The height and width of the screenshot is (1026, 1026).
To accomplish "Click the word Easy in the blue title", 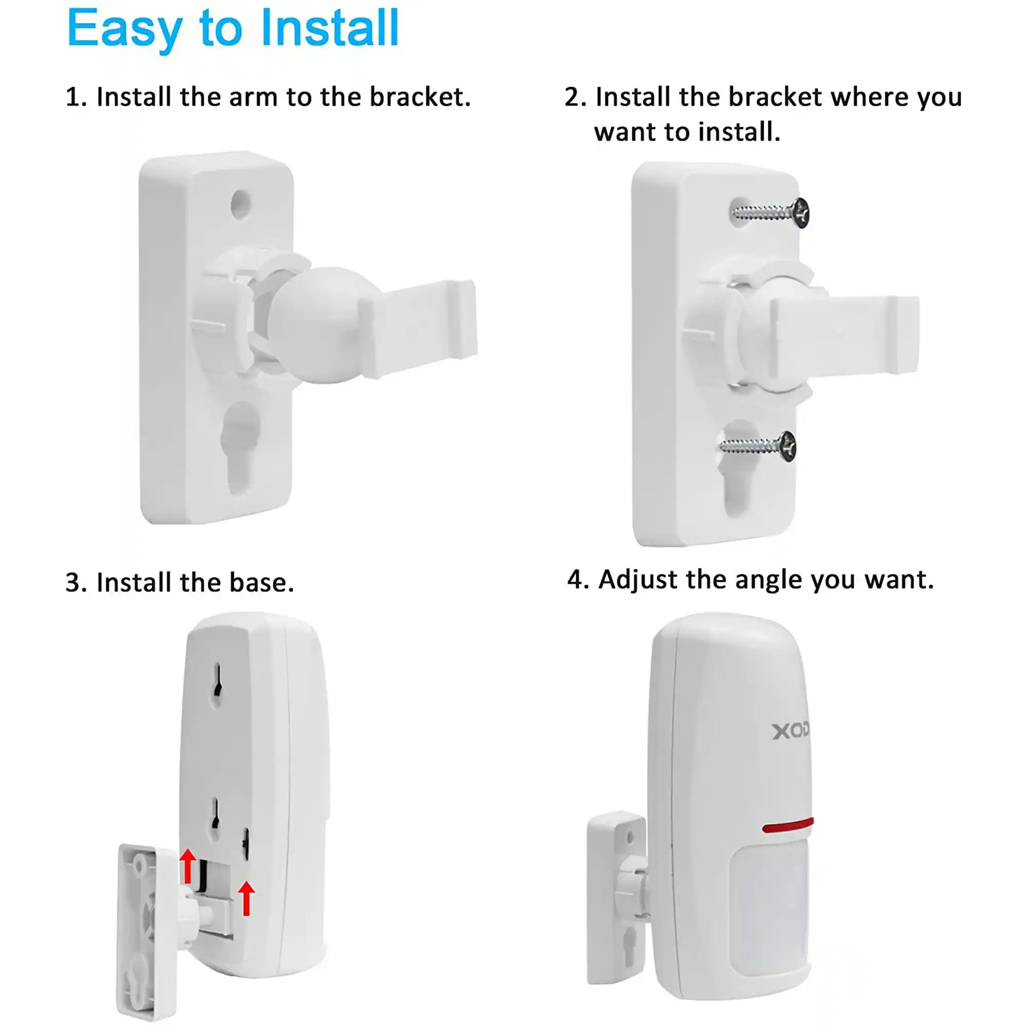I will pos(125,29).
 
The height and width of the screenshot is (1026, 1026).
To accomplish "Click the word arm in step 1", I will pos(253,97).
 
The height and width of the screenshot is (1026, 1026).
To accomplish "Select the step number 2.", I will pos(574,97).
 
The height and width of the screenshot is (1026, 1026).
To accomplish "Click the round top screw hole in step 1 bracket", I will pos(241,203).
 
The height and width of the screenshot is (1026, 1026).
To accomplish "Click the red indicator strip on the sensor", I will pos(787,826).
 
